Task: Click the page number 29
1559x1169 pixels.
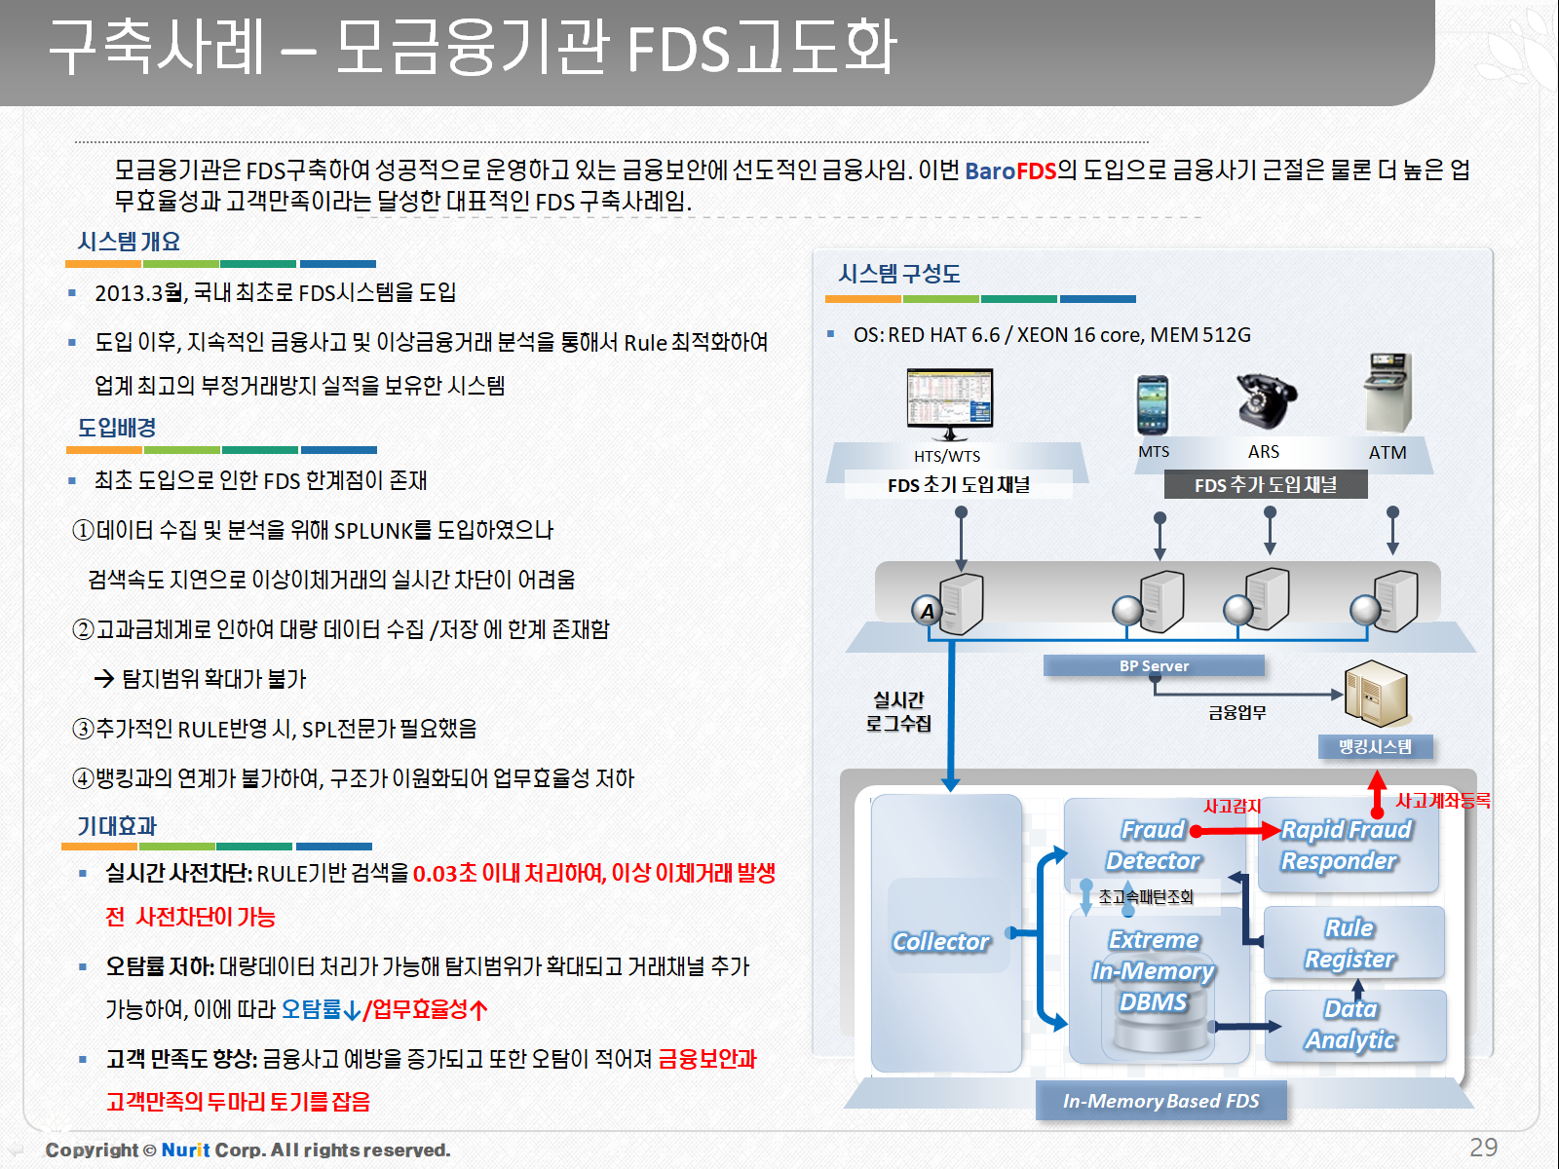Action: (x=1483, y=1148)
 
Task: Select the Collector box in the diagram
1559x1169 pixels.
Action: (x=941, y=941)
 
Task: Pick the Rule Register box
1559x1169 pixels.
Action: (x=1350, y=943)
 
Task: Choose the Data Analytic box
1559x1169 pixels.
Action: (x=1351, y=1025)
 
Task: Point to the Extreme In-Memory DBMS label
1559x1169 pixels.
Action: (x=1154, y=971)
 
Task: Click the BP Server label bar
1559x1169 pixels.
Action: (x=1154, y=666)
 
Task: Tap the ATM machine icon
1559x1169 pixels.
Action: (x=1388, y=393)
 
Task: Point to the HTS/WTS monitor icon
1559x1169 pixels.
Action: (x=950, y=402)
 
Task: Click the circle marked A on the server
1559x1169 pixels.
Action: (x=928, y=611)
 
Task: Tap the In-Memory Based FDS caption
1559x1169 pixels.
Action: (x=1160, y=1102)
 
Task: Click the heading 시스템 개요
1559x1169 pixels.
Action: (x=129, y=242)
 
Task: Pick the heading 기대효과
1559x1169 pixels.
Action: (x=117, y=826)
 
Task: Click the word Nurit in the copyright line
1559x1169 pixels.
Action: (x=185, y=1150)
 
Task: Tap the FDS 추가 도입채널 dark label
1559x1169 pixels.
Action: (x=1266, y=485)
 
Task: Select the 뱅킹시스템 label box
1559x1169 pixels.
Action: (x=1375, y=747)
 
